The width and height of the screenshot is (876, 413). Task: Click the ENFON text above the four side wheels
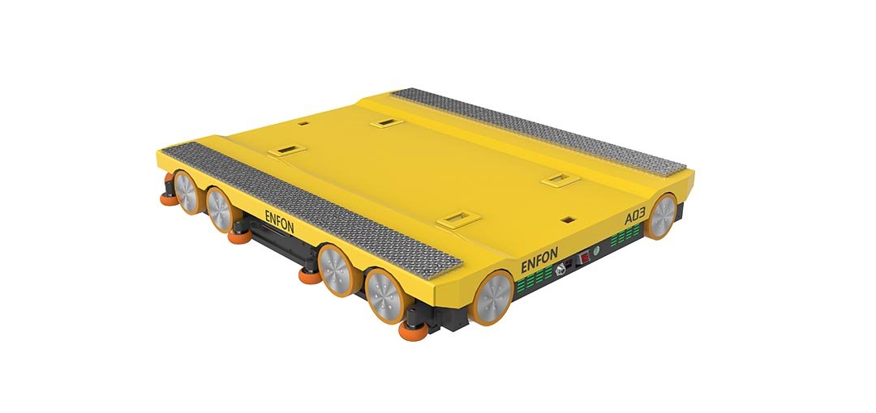(279, 222)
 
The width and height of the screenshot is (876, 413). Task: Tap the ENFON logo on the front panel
(539, 260)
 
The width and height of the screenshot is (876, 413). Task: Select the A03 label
(634, 215)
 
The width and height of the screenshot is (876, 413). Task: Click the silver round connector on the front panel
(560, 270)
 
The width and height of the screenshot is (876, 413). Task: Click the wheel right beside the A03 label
(662, 216)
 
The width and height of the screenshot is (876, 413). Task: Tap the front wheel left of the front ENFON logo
(492, 297)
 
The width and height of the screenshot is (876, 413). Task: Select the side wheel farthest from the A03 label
(186, 191)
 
